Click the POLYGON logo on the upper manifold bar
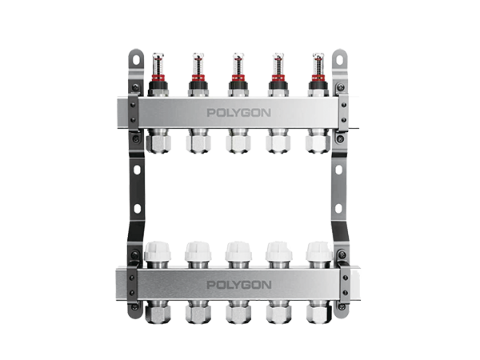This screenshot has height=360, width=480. pos(238,113)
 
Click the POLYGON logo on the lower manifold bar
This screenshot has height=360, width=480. pos(239,285)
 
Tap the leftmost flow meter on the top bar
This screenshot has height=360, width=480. pos(158,74)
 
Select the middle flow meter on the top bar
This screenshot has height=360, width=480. pos(238,74)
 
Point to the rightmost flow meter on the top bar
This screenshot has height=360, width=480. pos(318,74)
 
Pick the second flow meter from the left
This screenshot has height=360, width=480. pos(198,74)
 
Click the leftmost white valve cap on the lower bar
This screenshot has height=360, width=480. pos(158,251)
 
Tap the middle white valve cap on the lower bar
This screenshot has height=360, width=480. pos(238,251)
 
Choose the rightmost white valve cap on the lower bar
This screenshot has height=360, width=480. pos(319,251)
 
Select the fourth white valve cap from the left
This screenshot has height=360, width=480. pos(279,251)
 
